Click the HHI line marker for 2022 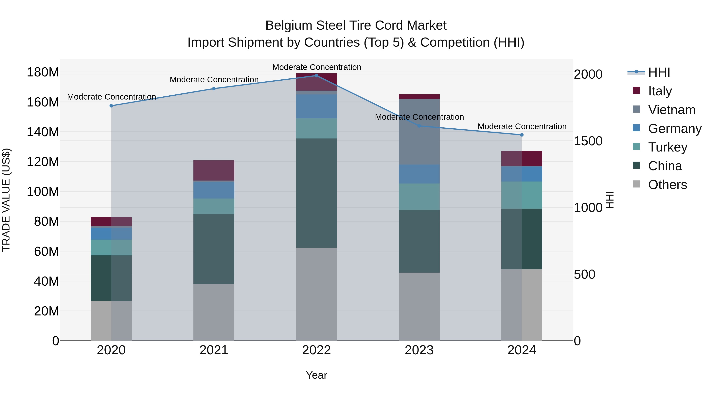(x=316, y=75)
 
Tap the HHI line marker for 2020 (x=111, y=106)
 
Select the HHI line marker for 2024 (x=522, y=135)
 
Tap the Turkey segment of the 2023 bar (x=419, y=197)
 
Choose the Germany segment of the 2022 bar (x=316, y=106)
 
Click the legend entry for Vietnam (x=671, y=110)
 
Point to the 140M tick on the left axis (x=43, y=132)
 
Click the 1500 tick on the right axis (x=588, y=141)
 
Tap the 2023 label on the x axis (x=419, y=350)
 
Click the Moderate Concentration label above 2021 (x=214, y=79)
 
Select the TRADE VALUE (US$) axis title (x=6, y=200)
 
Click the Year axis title (x=316, y=375)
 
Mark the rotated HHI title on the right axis (x=610, y=200)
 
